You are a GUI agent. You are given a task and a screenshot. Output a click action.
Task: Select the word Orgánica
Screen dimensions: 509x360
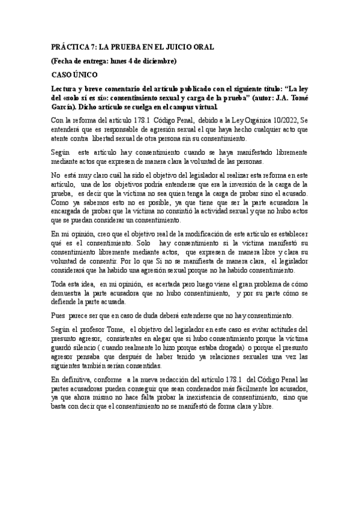pyautogui.click(x=253, y=120)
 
